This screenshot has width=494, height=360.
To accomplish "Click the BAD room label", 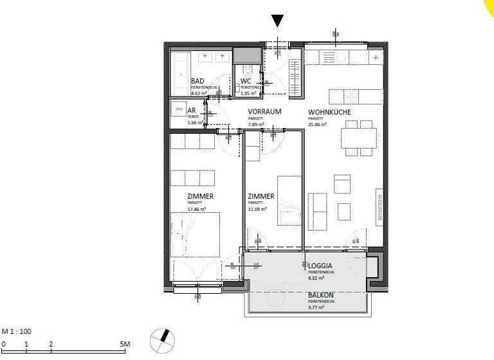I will coord(198,81).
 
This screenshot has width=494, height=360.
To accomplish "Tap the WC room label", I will coord(245,81).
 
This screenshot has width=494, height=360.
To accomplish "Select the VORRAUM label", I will coord(265,111).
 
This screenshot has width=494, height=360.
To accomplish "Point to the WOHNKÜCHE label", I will coord(329,112).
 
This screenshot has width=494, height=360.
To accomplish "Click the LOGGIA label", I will coord(320,265).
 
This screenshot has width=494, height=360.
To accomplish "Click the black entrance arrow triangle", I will coord(277,21).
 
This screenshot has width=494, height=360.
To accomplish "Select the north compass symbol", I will coord(162,338).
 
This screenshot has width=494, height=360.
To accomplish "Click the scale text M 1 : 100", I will coord(17,331).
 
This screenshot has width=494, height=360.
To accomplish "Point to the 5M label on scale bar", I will coord(125,345).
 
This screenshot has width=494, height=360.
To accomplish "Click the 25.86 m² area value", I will coord(318,125).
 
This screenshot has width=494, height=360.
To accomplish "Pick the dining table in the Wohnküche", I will coord(351,138).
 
